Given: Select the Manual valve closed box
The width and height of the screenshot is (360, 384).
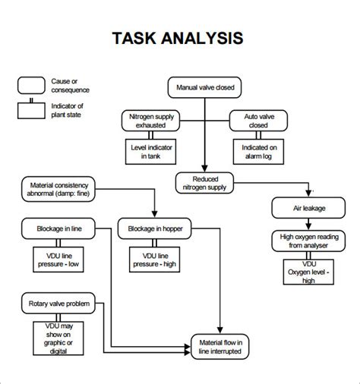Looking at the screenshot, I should [x=205, y=87].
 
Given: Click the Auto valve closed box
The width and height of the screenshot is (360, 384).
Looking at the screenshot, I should [x=258, y=119].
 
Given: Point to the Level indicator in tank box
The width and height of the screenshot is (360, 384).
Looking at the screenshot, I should [x=147, y=151].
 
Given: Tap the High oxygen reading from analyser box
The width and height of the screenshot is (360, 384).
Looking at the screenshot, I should [x=302, y=241].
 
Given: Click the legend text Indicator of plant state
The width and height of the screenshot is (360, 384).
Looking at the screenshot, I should [x=68, y=109].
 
